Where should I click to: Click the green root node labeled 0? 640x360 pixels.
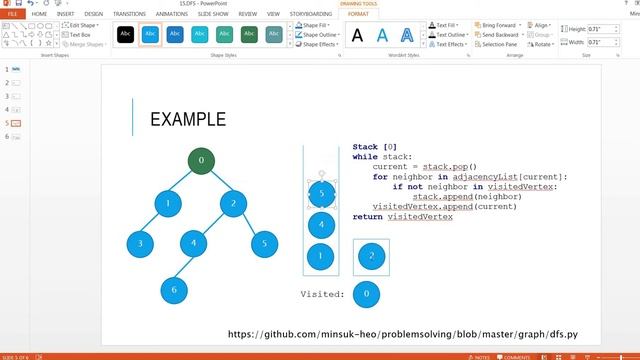coord(201,160)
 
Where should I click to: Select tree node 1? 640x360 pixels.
coord(169,204)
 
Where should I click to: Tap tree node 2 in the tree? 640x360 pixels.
coord(233,204)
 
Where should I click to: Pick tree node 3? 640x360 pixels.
coord(141,243)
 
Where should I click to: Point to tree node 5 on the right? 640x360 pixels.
coord(264,242)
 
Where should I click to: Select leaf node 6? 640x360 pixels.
coord(174,289)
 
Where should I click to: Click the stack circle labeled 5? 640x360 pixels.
coord(321,193)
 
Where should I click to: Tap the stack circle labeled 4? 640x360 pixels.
coord(321,225)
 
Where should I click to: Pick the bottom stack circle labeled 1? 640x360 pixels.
coord(321,257)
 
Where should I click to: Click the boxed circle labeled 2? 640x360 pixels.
coord(372,257)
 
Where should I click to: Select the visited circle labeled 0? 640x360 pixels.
coord(368,294)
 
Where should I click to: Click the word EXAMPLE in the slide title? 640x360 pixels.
coord(187,120)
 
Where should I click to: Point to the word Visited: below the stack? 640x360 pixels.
coord(322,294)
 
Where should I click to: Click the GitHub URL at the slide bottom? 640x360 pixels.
coord(403,334)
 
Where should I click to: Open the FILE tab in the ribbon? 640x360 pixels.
coord(13,14)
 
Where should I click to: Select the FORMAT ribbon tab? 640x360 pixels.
coord(357,14)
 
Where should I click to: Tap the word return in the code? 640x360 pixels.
coord(367,216)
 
